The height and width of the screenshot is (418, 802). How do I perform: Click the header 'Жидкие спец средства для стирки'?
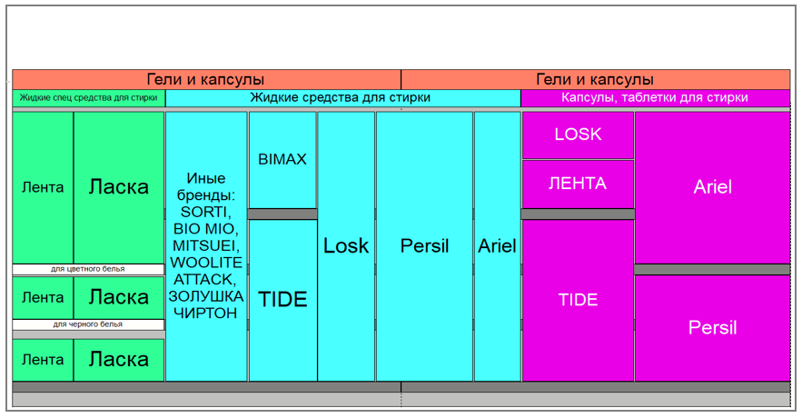pyautogui.click(x=89, y=97)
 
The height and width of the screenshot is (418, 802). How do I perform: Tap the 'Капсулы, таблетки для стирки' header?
pyautogui.click(x=654, y=97)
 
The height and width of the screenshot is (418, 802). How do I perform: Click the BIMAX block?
pyautogui.click(x=282, y=159)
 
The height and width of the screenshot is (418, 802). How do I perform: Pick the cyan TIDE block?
pyautogui.click(x=282, y=300)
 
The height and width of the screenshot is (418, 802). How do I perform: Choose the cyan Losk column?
pyautogui.click(x=346, y=245)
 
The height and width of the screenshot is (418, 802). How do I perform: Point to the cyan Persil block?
pyautogui.click(x=424, y=245)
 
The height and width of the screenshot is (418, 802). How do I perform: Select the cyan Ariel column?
pyautogui.click(x=497, y=245)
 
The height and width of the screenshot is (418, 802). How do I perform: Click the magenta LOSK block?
pyautogui.click(x=578, y=134)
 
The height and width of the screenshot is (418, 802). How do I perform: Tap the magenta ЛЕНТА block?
pyautogui.click(x=578, y=184)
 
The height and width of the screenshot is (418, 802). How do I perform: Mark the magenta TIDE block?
pyautogui.click(x=578, y=300)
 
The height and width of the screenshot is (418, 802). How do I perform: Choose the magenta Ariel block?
pyautogui.click(x=712, y=187)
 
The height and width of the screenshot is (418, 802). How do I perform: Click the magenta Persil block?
pyautogui.click(x=712, y=328)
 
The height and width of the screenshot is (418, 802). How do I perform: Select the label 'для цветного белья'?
pyautogui.click(x=88, y=269)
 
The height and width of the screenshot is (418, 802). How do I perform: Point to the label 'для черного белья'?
pyautogui.click(x=88, y=324)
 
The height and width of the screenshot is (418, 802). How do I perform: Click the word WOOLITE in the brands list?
pyautogui.click(x=206, y=262)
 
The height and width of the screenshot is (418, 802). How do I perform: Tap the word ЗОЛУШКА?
pyautogui.click(x=206, y=296)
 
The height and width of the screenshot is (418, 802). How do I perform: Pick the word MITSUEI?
pyautogui.click(x=206, y=245)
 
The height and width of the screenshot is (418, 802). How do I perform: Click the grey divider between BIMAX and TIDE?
pyautogui.click(x=282, y=214)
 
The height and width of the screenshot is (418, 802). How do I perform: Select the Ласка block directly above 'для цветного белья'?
pyautogui.click(x=119, y=187)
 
